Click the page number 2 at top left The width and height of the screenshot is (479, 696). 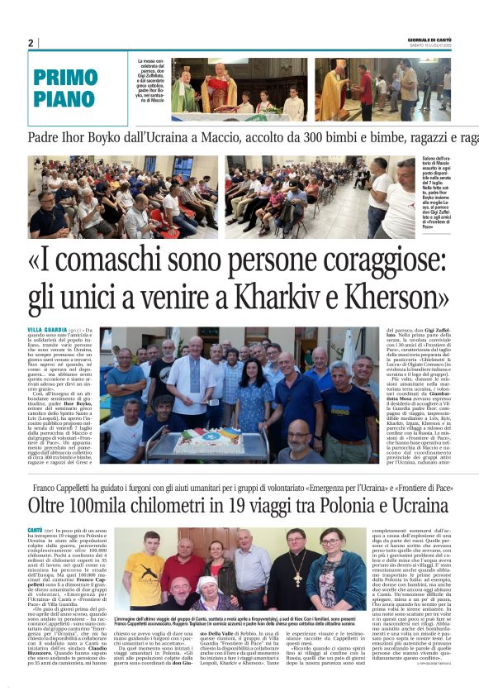coord(31,43)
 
